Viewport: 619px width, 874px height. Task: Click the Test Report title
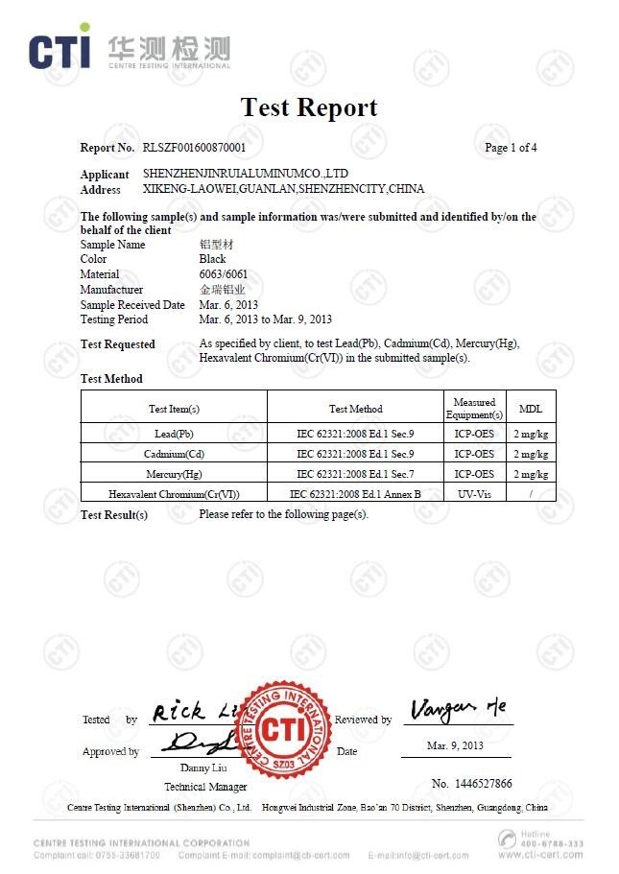(x=308, y=107)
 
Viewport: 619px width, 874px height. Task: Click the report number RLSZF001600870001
(x=194, y=148)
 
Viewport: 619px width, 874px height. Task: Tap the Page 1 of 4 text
(x=511, y=148)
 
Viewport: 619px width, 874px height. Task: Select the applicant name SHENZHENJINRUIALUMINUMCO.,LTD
(x=245, y=174)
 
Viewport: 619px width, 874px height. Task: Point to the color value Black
(x=212, y=259)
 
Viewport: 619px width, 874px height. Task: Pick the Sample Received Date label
(x=132, y=305)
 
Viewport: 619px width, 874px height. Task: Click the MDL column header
(x=530, y=409)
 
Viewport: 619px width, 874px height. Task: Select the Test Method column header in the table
(x=355, y=409)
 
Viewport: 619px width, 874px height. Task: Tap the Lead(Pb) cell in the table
(x=174, y=435)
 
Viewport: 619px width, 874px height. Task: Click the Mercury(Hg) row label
(x=174, y=474)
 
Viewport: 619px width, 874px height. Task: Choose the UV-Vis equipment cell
(x=474, y=493)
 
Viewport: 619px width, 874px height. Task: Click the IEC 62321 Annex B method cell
(x=355, y=493)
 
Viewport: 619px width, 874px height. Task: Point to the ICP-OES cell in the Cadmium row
(x=474, y=454)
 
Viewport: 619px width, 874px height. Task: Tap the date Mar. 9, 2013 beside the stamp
(x=455, y=745)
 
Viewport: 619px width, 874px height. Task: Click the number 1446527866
(x=471, y=784)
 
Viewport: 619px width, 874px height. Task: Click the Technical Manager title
(x=199, y=787)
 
